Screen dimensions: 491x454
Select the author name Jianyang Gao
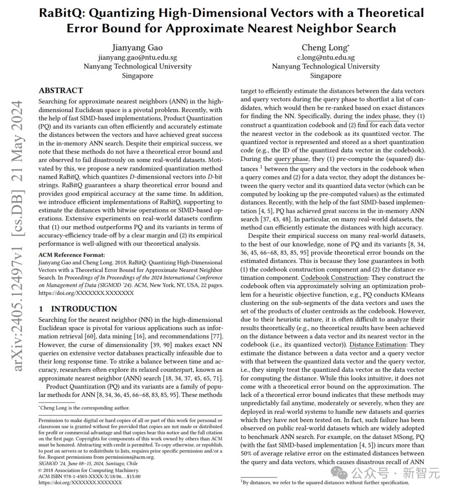tap(137, 47)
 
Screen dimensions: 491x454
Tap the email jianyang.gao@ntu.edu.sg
tap(137, 57)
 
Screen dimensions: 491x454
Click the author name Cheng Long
tap(325, 47)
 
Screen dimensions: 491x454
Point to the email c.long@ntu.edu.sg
tap(326, 57)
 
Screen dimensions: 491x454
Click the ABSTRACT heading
tap(61, 90)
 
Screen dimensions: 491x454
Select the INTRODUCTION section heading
tap(84, 309)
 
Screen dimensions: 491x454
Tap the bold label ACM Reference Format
tap(71, 255)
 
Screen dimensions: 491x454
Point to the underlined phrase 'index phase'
tap(382, 116)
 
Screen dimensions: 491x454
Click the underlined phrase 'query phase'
tap(291, 159)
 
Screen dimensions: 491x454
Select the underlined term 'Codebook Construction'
tap(334, 278)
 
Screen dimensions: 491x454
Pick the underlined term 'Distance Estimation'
tap(377, 344)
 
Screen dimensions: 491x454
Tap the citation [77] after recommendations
tap(215, 336)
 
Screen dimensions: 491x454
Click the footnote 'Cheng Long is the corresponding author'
tap(84, 407)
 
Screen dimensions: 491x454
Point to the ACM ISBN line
tap(89, 476)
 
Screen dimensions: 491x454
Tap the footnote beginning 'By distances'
tap(325, 482)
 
